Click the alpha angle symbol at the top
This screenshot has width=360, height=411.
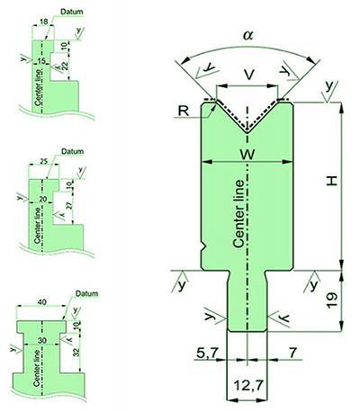tap(248, 36)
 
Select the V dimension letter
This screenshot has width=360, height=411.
tap(248, 75)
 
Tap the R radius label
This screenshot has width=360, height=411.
tap(184, 111)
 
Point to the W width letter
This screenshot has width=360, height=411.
tap(248, 155)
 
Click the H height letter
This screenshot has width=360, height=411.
tap(332, 181)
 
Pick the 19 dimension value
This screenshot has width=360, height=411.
tap(332, 300)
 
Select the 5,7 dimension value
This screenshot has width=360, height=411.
tap(206, 353)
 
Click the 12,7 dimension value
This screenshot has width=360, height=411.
tap(247, 385)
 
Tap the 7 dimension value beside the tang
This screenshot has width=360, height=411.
tap(292, 353)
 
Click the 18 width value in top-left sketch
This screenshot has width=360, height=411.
tap(43, 22)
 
